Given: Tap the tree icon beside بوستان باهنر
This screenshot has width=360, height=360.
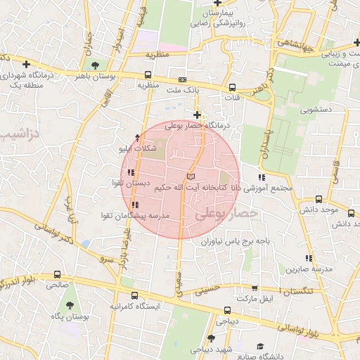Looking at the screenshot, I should [96, 65].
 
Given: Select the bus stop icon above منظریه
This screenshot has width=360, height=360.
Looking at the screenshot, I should [148, 74].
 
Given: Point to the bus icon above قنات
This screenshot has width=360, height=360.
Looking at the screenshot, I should [233, 88].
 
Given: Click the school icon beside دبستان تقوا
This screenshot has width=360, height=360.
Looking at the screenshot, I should [131, 172].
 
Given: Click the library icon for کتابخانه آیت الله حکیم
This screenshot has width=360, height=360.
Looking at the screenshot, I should [191, 176].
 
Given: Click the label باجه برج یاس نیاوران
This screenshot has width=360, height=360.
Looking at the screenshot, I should [238, 240].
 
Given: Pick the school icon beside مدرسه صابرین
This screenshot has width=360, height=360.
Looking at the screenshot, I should [309, 258].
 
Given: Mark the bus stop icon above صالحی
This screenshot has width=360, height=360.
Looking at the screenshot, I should [56, 275].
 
